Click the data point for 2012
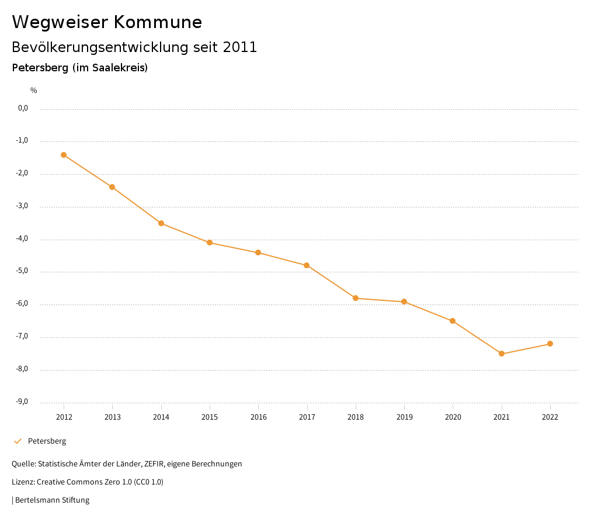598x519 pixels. coord(64,155)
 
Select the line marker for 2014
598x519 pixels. coord(161,223)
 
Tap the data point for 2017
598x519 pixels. coord(307,265)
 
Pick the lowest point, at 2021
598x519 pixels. coord(502,354)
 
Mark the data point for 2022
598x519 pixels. coord(550,344)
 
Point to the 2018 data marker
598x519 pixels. coord(356,298)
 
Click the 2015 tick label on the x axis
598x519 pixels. coord(210,417)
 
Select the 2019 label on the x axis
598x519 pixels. coord(404,417)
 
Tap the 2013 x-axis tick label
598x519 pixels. coord(113,417)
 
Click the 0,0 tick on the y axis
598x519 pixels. coord(23,108)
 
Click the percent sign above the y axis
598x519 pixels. coord(34,91)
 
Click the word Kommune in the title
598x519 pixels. coord(158,22)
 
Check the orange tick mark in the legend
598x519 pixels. coord(18,441)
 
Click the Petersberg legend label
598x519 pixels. coord(47,441)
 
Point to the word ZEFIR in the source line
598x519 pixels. coord(152,464)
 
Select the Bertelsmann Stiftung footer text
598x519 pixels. coord(52,500)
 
